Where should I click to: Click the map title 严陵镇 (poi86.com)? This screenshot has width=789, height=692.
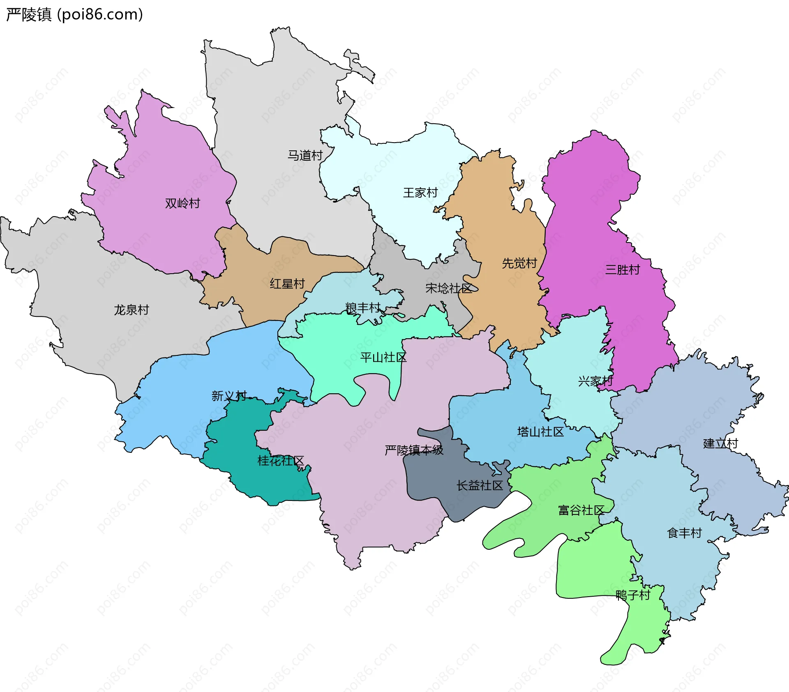(x=74, y=14)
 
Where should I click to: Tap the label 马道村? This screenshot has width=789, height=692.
(x=305, y=155)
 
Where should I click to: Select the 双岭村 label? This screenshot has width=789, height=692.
(x=182, y=203)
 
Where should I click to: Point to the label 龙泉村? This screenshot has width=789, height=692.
(x=131, y=309)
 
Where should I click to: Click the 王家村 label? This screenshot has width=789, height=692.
(x=420, y=192)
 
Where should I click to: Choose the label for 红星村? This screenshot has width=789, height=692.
(x=287, y=284)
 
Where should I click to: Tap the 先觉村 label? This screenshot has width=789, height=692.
(x=519, y=263)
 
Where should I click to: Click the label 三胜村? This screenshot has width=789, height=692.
(x=623, y=270)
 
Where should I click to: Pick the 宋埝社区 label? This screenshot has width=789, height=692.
(x=449, y=288)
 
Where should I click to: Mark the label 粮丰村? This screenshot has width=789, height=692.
(x=363, y=307)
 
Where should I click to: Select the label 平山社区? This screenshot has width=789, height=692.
(x=383, y=357)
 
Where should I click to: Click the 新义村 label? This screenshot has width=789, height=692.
(x=229, y=396)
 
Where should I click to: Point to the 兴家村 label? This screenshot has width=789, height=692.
(x=595, y=381)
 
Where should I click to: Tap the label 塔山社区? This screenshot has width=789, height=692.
(x=540, y=431)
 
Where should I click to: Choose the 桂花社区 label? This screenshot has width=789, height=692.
(x=281, y=461)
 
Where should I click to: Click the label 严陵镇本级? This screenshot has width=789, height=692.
(x=414, y=450)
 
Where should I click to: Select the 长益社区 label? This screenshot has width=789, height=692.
(x=480, y=485)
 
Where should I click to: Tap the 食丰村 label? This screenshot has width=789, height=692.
(x=684, y=533)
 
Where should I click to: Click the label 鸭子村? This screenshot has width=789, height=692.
(x=633, y=595)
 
